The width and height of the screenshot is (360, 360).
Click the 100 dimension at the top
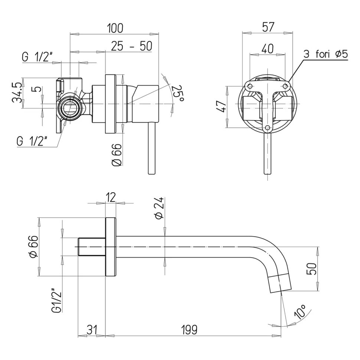tap(115, 28)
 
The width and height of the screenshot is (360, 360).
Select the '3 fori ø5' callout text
tap(325, 54)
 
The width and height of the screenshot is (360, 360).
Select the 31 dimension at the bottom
tap(91, 329)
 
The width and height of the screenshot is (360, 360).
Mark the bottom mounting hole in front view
tap(267, 128)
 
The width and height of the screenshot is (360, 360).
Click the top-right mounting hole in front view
tap(285, 86)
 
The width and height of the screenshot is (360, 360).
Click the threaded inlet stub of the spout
tap(92, 247)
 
